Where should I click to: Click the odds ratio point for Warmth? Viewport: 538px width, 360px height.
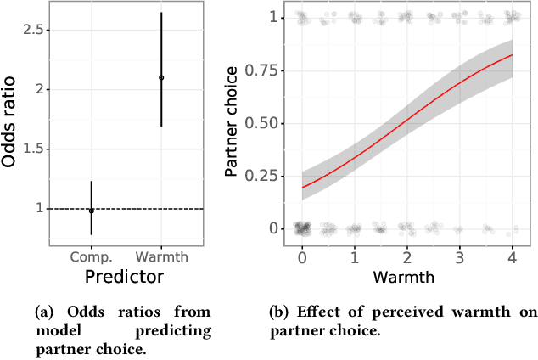pos(161,77)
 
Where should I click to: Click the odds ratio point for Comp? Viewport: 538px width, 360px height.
pos(92,210)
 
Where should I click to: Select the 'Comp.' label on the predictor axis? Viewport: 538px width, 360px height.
pos(92,256)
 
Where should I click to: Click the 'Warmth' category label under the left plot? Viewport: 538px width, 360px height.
pos(161,256)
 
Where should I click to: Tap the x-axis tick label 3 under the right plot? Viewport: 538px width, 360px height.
pos(459,256)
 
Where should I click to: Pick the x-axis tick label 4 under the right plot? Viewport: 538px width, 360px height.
pos(512,256)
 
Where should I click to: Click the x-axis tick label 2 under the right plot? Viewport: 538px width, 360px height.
pos(406,256)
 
